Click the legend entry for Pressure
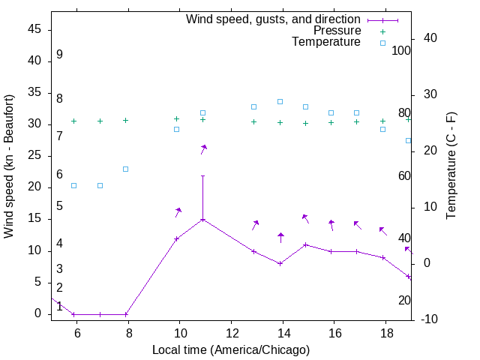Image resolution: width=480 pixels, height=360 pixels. pos(337,31)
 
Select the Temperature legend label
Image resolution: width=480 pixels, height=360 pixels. pos(326,42)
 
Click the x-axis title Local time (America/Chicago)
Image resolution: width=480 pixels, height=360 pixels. pos(230,349)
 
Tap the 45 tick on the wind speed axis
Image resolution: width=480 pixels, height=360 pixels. pos(34,29)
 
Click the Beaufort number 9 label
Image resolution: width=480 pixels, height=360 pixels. pos(59,55)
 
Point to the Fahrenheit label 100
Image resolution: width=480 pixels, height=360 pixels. pos(401,51)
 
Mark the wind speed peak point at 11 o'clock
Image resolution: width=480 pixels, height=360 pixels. pos(202,220)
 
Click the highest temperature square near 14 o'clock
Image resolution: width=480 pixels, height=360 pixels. pos(280,101)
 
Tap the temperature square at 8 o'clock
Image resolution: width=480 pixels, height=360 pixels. pos(126,169)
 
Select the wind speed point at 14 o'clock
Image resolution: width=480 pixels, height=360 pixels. pos(280,263)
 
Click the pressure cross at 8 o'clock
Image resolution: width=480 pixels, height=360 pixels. pos(126,120)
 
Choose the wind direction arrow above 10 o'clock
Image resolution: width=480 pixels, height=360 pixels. pos(178,212)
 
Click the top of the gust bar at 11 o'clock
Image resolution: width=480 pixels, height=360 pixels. pos(202,176)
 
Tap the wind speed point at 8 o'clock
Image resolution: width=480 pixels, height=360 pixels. pos(126,314)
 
